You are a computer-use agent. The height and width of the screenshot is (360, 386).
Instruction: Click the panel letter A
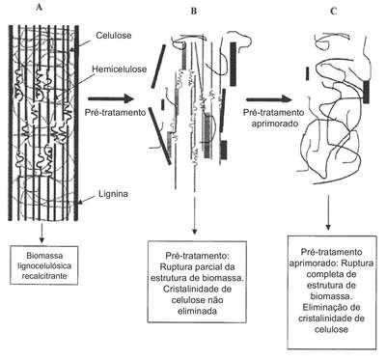40,8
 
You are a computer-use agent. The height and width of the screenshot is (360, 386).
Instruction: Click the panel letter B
194,12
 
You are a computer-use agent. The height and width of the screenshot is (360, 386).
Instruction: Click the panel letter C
334,12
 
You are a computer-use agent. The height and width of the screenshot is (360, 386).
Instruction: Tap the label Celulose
114,36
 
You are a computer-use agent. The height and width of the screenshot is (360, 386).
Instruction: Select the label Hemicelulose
120,69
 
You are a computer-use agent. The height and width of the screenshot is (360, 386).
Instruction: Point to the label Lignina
113,194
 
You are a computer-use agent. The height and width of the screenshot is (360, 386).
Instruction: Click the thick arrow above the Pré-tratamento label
111,99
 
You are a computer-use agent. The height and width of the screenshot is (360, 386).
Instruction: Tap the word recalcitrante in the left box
43,276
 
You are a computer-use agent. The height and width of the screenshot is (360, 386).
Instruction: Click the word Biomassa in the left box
44,256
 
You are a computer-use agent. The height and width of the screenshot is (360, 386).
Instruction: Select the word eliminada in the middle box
197,311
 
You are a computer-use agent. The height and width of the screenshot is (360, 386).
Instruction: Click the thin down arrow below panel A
41,233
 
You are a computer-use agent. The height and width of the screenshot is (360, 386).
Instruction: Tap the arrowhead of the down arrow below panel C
328,227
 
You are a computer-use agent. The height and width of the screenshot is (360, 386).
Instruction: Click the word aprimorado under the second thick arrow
273,124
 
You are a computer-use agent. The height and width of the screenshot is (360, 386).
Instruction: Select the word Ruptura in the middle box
177,267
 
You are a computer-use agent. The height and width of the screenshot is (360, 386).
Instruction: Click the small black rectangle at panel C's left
308,73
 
